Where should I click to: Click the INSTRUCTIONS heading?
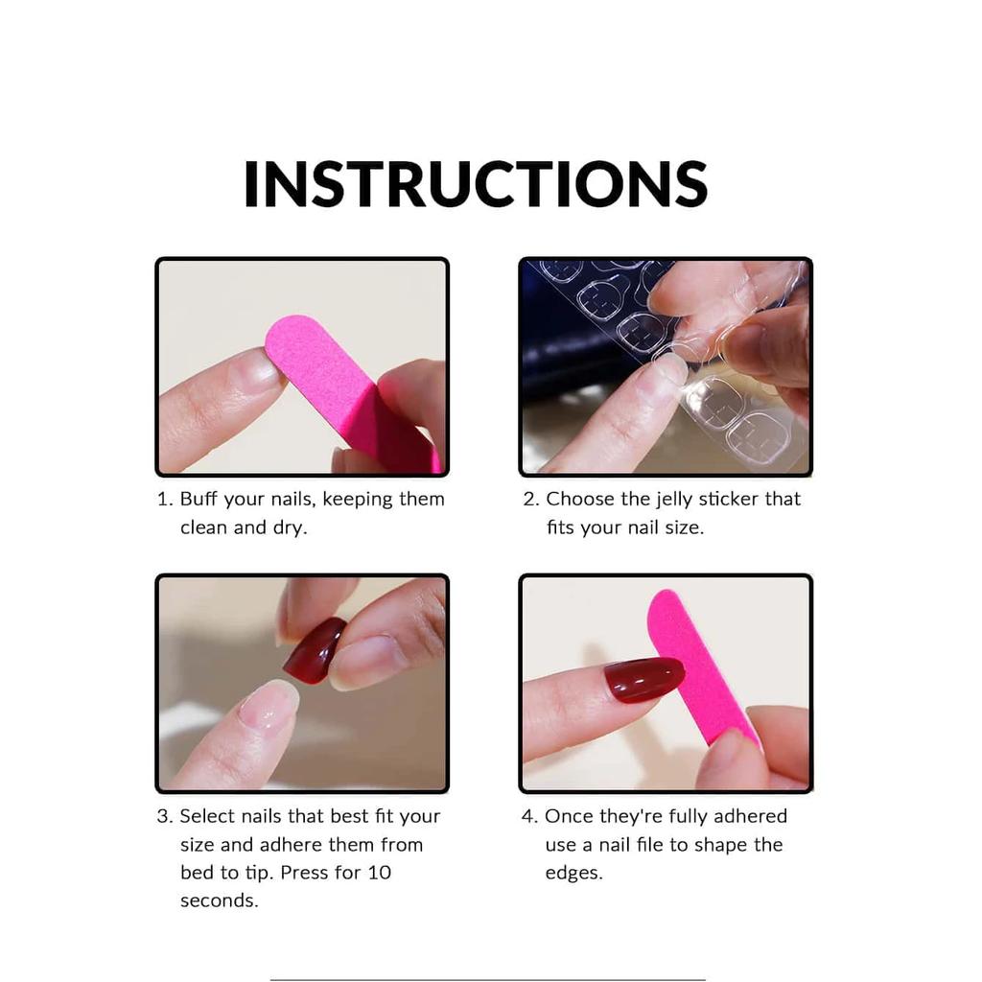[x=476, y=184]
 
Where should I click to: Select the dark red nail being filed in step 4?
[x=643, y=679]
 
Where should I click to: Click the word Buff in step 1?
[x=199, y=500]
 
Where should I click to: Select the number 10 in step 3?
[x=379, y=873]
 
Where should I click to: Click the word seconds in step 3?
[x=219, y=901]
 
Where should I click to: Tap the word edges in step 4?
[x=573, y=874]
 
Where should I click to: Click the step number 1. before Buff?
[x=165, y=500]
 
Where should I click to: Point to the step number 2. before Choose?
[x=530, y=500]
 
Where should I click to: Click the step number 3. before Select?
[x=164, y=817]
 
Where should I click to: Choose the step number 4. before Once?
[x=529, y=817]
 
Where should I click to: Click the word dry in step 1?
[x=289, y=528]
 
